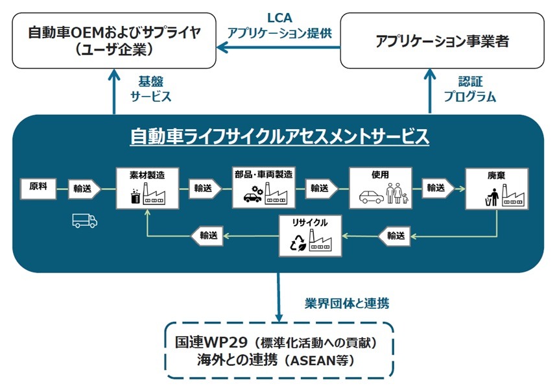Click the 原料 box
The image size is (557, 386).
pos(38,187)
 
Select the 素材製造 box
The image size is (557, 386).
pos(147,187)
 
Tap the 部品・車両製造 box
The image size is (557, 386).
pos(263,187)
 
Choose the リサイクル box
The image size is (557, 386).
pos(310,235)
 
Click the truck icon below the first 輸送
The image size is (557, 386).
pos(85,221)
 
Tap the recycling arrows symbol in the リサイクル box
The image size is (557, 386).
pos(297,243)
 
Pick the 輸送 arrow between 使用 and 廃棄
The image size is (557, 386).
pos(438,188)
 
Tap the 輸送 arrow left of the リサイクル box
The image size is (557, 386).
pos(209,235)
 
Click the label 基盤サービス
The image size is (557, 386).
pos(151,89)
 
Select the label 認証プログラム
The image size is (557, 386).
pos(469,89)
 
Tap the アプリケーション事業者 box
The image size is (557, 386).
pos(442,42)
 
